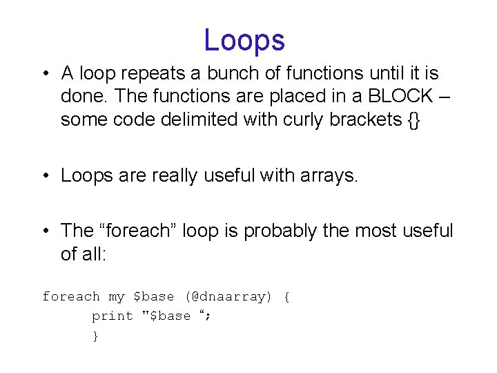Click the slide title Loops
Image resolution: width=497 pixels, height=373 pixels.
[x=244, y=40]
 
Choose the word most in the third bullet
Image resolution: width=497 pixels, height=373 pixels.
[x=377, y=230]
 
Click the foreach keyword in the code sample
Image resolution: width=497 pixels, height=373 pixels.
[x=70, y=296]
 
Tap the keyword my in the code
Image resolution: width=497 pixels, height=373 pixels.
[x=117, y=297]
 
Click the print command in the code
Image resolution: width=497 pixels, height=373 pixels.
[x=113, y=316]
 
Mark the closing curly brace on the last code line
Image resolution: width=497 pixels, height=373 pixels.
[x=95, y=336]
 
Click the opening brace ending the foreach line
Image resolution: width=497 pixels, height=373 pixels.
[x=286, y=296]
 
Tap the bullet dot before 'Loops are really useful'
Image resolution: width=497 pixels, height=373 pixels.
[x=45, y=175]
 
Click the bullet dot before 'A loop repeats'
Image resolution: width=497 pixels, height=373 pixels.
[x=45, y=73]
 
